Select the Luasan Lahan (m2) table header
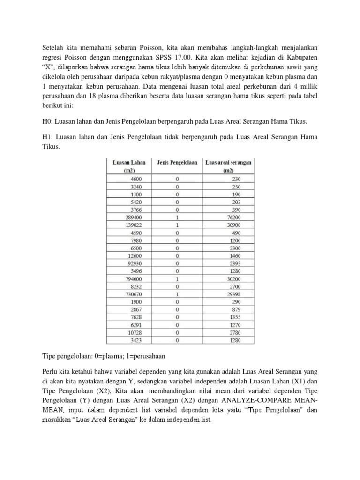click(129, 166)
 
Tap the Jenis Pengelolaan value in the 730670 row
click(177, 293)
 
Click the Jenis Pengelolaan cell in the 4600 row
click(177, 179)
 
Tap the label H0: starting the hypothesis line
click(48, 121)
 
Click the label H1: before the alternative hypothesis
click(48, 137)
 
